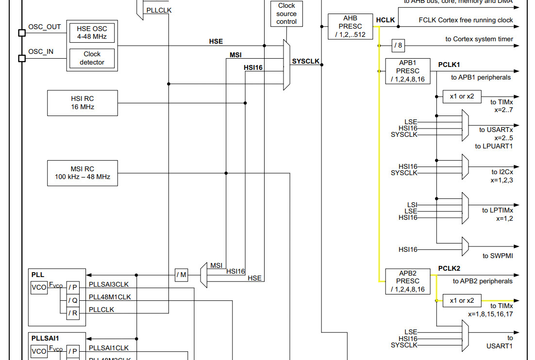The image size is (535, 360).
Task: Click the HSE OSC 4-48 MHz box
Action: (x=92, y=33)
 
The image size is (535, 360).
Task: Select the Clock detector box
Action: (x=92, y=58)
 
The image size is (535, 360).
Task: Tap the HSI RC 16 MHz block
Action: (x=83, y=103)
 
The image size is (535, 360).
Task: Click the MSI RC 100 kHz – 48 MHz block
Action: (x=83, y=173)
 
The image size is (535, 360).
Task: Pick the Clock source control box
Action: (x=286, y=14)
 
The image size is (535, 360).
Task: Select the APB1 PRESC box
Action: (x=407, y=71)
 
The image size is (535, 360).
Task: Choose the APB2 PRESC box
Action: (x=407, y=281)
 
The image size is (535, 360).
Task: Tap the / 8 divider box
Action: (x=398, y=46)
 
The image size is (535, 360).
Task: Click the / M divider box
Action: (x=181, y=275)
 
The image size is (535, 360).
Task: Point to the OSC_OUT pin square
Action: (x=22, y=33)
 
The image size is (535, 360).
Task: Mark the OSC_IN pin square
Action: (x=22, y=58)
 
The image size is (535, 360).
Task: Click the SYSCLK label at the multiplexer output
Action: (x=305, y=62)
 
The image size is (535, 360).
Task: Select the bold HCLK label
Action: (x=385, y=20)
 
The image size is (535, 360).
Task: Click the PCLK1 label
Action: (x=449, y=65)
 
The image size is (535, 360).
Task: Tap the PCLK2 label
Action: (x=449, y=268)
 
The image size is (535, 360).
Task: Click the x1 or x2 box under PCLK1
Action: (x=462, y=97)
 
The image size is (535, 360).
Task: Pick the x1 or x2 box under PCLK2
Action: (x=462, y=301)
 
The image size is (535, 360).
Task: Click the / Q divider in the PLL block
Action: (x=73, y=300)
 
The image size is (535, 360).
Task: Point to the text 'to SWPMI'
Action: (x=497, y=256)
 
